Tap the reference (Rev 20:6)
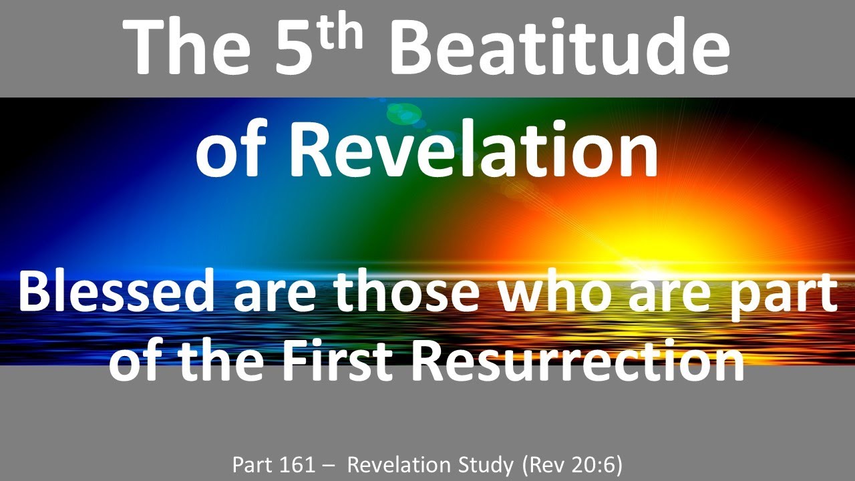tap(574, 464)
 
